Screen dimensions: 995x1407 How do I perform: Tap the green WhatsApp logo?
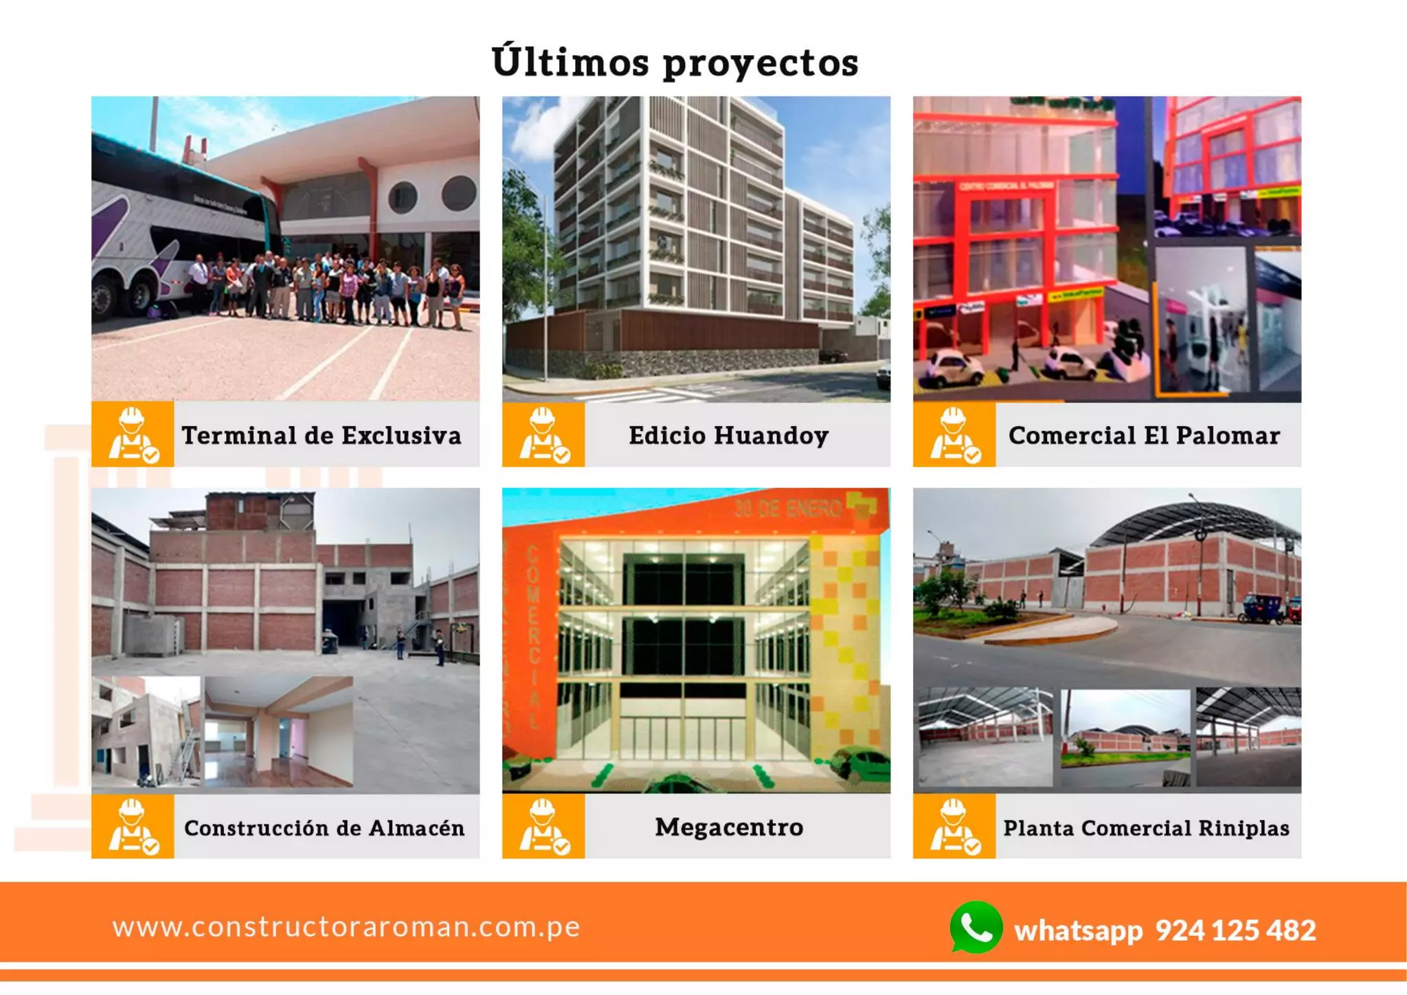(x=976, y=928)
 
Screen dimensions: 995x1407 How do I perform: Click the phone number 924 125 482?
(x=1235, y=930)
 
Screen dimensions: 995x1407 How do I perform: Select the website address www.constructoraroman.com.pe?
(x=346, y=927)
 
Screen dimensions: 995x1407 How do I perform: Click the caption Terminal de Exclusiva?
(x=322, y=436)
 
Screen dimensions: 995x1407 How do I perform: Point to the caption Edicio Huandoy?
(x=729, y=436)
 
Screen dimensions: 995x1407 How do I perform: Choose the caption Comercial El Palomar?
(x=1144, y=436)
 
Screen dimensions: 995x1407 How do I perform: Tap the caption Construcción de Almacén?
(x=324, y=828)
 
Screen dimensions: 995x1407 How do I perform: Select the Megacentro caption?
(x=729, y=827)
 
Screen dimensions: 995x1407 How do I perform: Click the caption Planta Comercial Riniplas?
(x=1146, y=828)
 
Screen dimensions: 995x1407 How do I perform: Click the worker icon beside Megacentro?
(x=543, y=827)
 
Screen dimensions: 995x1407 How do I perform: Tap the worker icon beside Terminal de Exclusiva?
(x=133, y=435)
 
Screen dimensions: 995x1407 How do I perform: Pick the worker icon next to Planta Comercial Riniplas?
(x=954, y=827)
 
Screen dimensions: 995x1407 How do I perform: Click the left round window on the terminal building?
(x=403, y=198)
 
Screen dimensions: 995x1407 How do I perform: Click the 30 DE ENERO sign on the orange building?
(x=788, y=508)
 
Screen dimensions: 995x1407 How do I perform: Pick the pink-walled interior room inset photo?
(x=279, y=732)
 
